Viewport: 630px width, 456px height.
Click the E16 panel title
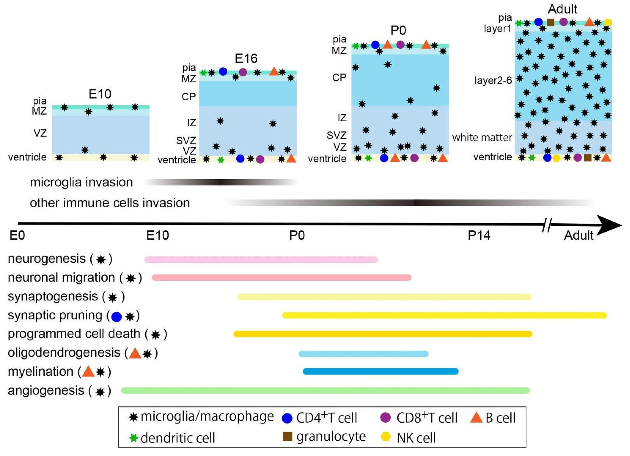point(246,58)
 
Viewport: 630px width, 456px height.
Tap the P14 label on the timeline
point(479,235)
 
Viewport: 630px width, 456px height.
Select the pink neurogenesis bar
point(261,260)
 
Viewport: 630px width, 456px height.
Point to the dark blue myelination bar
point(381,371)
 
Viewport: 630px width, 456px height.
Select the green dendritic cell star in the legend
point(134,438)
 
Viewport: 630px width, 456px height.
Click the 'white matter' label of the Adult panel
point(482,137)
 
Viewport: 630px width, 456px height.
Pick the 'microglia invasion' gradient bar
point(221,182)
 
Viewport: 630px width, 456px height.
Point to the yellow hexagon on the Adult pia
point(608,22)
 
